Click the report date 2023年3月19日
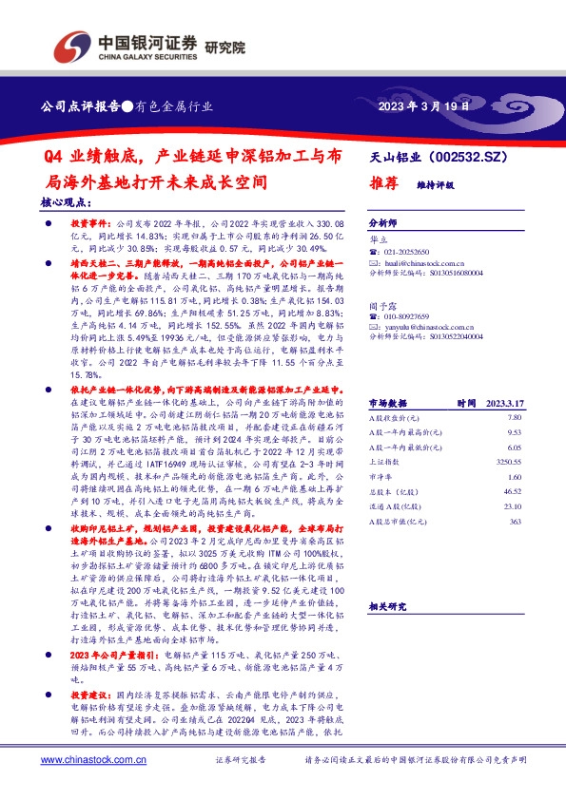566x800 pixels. pos(424,107)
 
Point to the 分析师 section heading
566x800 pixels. pos(383,218)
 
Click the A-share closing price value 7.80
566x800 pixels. pos(515,416)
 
